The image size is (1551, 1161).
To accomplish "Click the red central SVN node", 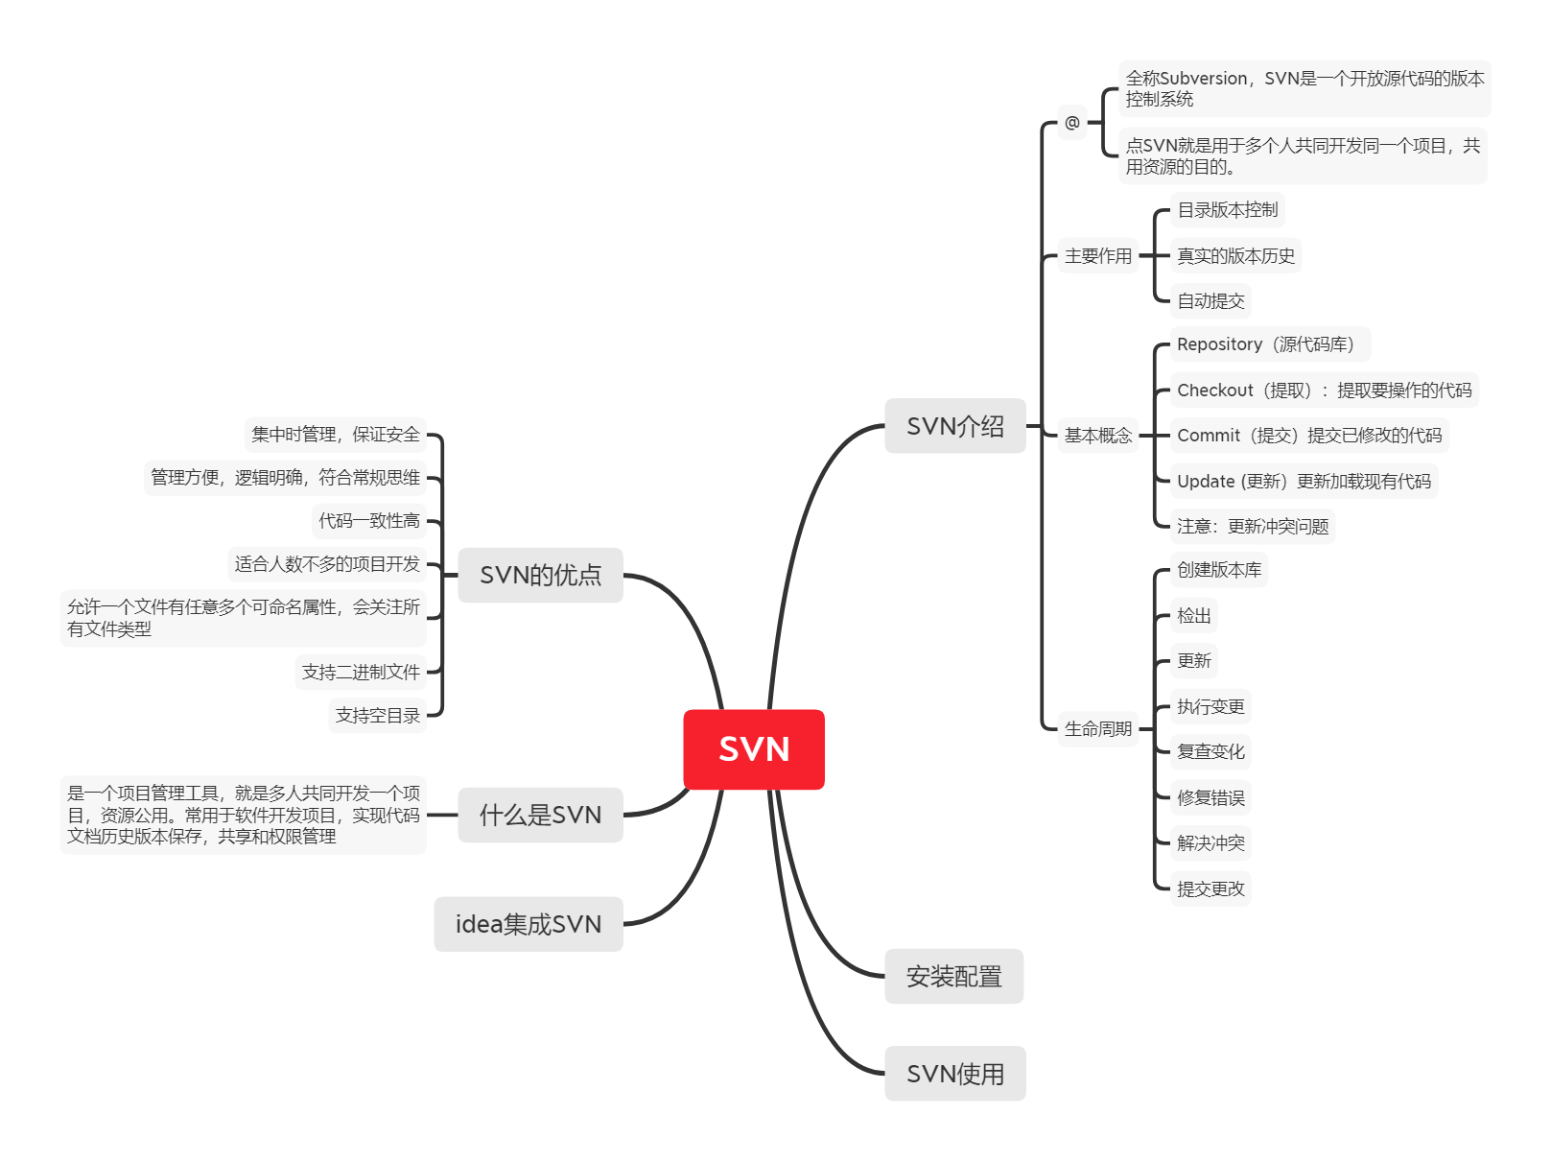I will point(754,749).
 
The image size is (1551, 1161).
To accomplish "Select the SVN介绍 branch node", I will point(955,426).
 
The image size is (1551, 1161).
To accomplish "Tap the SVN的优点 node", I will point(540,575).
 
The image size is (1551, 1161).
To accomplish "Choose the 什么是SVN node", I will point(540,815).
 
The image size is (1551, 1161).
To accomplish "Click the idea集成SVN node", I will point(529,924).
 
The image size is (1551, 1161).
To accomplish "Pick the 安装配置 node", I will point(953,977).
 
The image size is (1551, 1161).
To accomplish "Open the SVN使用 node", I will point(955,1074).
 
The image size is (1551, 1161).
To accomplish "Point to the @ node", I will point(1072,123).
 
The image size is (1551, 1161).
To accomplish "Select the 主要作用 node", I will point(1098,256).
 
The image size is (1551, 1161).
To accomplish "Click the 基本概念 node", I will point(1098,436).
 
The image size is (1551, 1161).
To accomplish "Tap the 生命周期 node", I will point(1098,729).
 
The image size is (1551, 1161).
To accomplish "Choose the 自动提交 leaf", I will point(1210,301).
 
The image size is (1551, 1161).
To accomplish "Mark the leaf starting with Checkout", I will point(1324,391).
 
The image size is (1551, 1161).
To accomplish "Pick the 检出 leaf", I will point(1194,616).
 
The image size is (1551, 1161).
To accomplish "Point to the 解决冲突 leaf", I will point(1210,843).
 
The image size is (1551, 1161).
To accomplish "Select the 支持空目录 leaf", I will point(378,716).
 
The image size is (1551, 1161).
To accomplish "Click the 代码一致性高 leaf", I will point(369,521).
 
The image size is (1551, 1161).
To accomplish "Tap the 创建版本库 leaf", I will point(1219,570).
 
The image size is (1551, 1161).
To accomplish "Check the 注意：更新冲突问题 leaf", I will point(1253,527).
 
